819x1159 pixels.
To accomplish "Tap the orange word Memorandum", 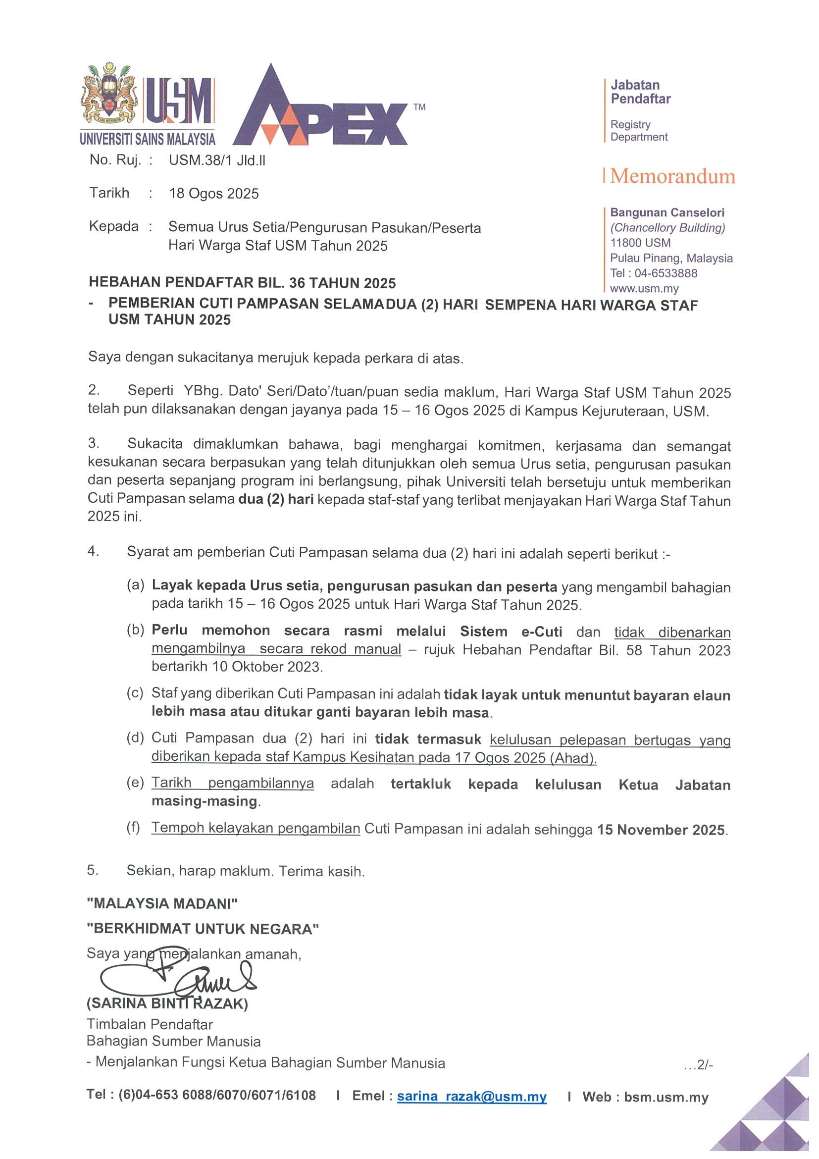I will [672, 177].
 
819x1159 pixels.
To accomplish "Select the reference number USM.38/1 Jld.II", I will [217, 161].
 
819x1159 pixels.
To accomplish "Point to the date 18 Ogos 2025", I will [213, 194].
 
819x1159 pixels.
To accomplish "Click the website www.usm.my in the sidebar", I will [644, 289].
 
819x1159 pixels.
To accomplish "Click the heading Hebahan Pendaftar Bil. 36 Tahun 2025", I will [242, 283].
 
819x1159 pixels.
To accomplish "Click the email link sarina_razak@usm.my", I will [472, 1097].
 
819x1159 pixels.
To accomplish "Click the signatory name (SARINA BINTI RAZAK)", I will [167, 1003].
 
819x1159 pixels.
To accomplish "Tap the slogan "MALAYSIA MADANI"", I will [162, 903].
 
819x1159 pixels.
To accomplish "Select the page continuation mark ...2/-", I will [698, 1065].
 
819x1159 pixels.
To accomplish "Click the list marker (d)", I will [135, 738].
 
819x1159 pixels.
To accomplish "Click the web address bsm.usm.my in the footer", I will [666, 1097].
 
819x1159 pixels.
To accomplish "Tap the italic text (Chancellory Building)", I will [667, 228].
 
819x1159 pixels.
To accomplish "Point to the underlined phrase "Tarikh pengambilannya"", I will [233, 784].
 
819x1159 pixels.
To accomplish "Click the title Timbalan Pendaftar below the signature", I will [150, 1024].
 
